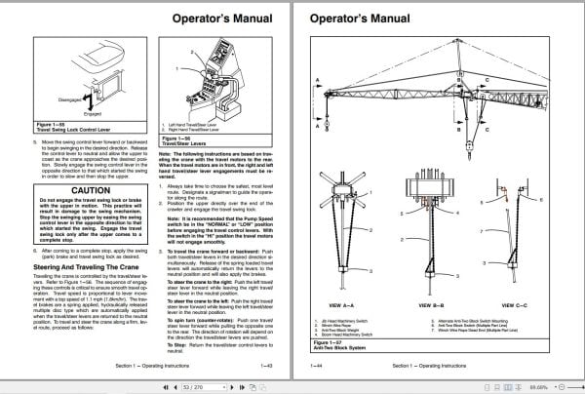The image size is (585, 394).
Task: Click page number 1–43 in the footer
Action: pos(268,365)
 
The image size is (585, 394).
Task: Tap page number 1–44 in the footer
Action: pos(318,365)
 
